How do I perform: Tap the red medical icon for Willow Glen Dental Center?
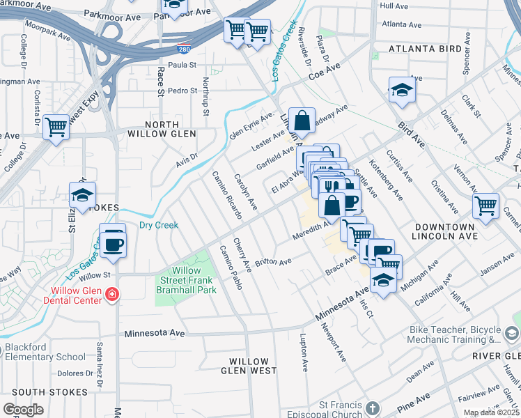[x=111, y=295]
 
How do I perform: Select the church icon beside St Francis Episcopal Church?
[x=373, y=408]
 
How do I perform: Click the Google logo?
[x=23, y=410]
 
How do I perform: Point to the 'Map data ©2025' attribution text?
[x=491, y=412]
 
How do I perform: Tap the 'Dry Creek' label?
[x=159, y=225]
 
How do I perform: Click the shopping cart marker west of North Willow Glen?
[x=55, y=127]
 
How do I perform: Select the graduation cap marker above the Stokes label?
[x=82, y=196]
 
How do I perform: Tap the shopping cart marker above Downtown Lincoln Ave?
[x=485, y=205]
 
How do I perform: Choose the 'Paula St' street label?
[x=183, y=65]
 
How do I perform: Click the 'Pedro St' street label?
[x=183, y=91]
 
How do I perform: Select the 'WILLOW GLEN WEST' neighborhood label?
[x=249, y=366]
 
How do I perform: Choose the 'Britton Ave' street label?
[x=273, y=262]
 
